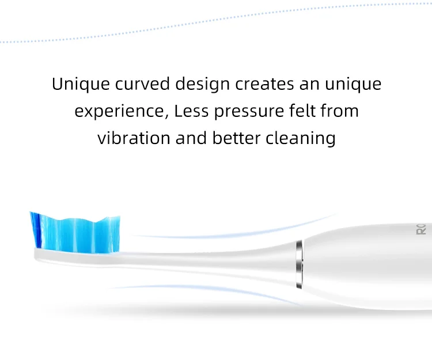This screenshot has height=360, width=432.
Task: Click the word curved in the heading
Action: coord(142,84)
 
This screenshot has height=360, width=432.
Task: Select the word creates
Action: coord(264,84)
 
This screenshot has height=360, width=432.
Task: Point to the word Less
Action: coord(191,111)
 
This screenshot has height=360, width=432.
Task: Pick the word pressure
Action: coord(249,112)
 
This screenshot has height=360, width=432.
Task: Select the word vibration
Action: coord(134,138)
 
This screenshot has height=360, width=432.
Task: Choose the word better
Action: coord(236,138)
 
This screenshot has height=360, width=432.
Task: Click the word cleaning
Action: coord(301,139)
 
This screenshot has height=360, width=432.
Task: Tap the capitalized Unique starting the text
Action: coord(81,84)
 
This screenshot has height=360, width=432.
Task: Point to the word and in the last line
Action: coord(191,138)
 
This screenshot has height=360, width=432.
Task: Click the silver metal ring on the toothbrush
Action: coord(299,264)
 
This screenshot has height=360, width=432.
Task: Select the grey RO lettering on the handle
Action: coord(421,229)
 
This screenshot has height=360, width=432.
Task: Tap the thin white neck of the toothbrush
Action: coord(207,262)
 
